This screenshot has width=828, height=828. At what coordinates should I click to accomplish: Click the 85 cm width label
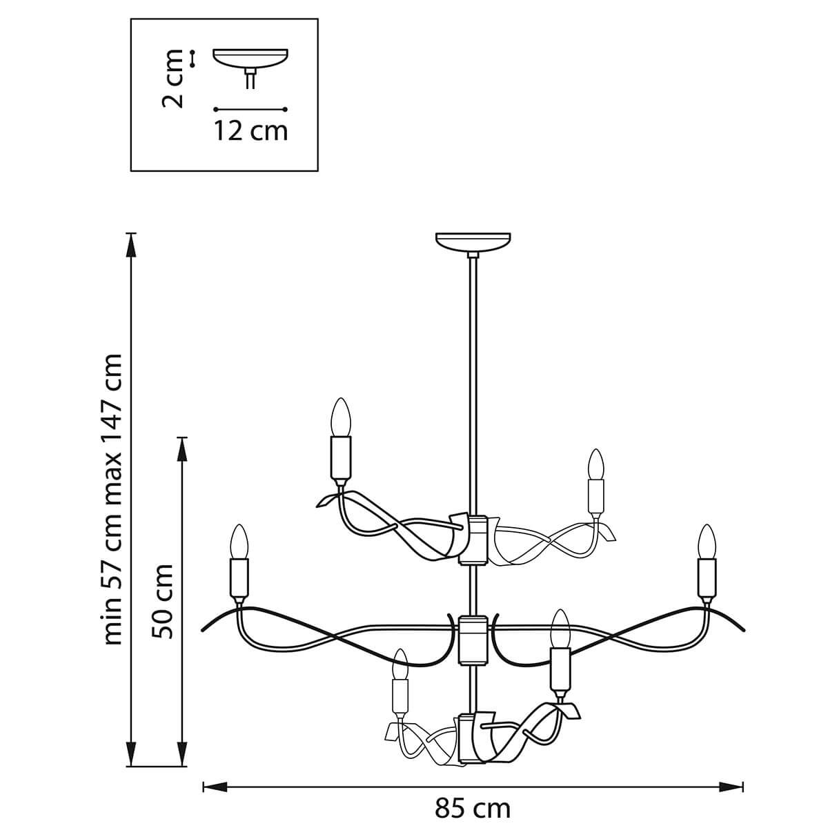pyautogui.click(x=473, y=807)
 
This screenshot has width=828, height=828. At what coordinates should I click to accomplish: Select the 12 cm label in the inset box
pyautogui.click(x=250, y=130)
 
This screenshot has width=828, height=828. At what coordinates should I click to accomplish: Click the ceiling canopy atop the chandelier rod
pyautogui.click(x=473, y=243)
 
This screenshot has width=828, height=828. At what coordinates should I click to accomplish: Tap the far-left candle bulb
pyautogui.click(x=239, y=542)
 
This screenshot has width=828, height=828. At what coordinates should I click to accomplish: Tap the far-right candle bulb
pyautogui.click(x=706, y=542)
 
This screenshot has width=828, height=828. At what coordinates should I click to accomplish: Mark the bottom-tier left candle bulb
pyautogui.click(x=399, y=664)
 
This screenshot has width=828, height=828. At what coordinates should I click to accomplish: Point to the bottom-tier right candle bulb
pyautogui.click(x=560, y=628)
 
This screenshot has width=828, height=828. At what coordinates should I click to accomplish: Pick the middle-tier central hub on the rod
pyautogui.click(x=473, y=638)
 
